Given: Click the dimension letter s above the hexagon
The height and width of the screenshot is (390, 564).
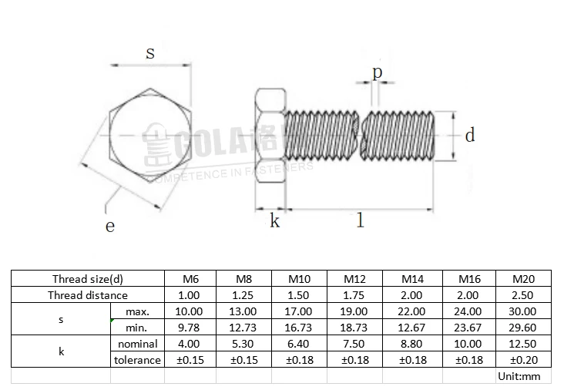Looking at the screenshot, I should coord(150,53).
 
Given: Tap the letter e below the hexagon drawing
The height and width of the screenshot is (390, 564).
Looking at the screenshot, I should coord(110,226).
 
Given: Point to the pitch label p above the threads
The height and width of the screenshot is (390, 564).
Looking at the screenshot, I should coord(377,72).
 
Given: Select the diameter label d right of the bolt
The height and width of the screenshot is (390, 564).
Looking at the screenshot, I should coord(469,136).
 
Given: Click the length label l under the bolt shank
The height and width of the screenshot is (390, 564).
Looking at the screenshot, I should coord(359,221).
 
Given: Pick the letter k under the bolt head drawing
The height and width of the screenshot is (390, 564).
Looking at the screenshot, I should coord(274,222).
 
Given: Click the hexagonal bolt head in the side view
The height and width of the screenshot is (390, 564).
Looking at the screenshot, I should coord(270,135).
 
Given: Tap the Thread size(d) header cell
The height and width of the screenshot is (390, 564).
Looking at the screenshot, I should coord(88,279).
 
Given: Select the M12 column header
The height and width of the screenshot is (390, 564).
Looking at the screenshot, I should coord(355,279).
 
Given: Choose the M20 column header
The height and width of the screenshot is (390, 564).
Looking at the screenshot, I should coord(522,279).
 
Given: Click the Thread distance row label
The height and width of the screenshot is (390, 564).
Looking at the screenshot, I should coord(88,295).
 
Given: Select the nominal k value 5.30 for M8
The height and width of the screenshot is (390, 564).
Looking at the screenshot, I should coord(243,344).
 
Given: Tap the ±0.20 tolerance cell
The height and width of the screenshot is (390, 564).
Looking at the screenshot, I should coord(522,360).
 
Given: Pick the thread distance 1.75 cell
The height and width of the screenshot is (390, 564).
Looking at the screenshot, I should coord(355,295).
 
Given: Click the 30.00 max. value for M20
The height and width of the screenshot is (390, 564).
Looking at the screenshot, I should coord(522,311).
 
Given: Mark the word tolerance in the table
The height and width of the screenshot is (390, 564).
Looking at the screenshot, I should coord(137,360).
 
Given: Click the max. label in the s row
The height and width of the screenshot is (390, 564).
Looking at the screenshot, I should coord(137,311).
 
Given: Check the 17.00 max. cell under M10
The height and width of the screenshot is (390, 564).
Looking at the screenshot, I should coord(299,311).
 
